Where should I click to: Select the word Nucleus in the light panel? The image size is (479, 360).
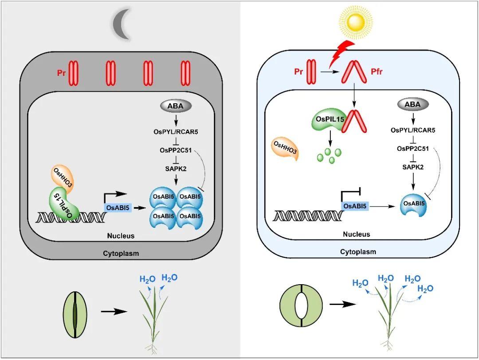click(357, 234)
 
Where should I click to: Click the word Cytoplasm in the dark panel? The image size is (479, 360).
click(121, 254)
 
